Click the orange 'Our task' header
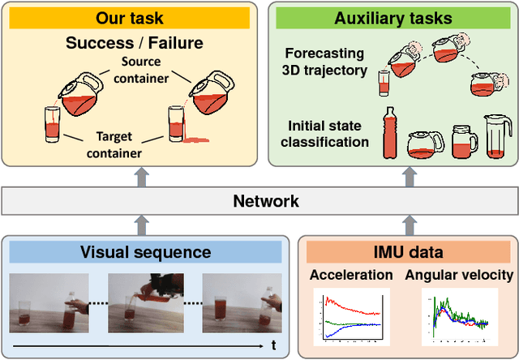point(128,18)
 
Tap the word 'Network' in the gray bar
point(266,201)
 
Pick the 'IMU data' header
point(402,252)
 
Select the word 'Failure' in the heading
point(174,41)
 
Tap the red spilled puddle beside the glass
point(195,141)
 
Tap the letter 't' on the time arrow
point(273,345)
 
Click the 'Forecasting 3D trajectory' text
point(325,62)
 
